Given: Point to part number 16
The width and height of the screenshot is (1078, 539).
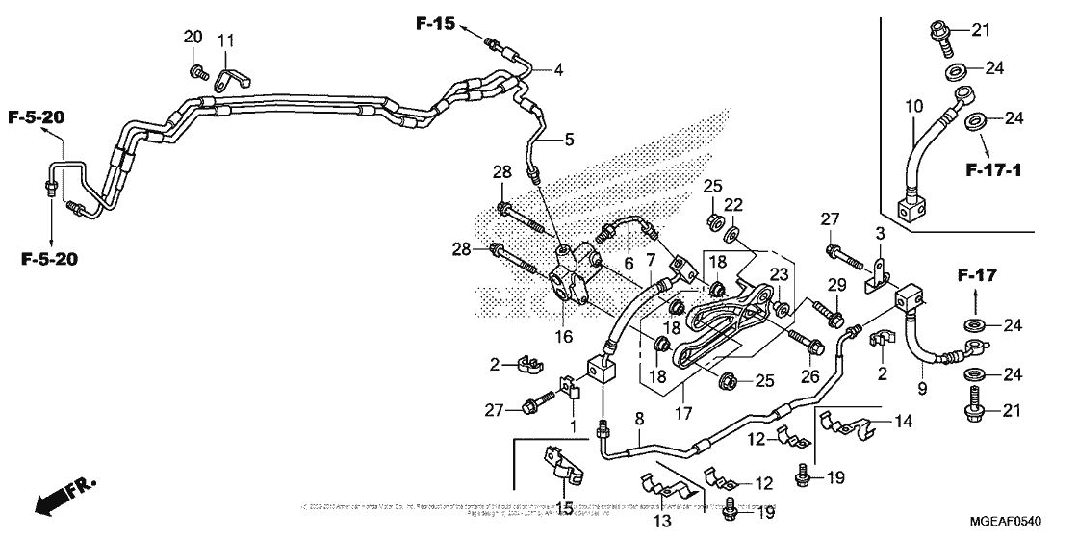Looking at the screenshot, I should tap(562, 337).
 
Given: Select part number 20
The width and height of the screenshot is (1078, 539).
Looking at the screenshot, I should tap(193, 37).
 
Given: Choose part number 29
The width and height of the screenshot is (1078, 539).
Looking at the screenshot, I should tap(836, 284).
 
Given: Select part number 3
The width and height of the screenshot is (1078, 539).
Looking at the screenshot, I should tap(878, 234).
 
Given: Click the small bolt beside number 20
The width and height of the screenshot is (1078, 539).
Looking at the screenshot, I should tap(199, 71).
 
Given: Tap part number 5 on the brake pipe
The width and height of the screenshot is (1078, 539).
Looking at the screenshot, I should tap(569, 140).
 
